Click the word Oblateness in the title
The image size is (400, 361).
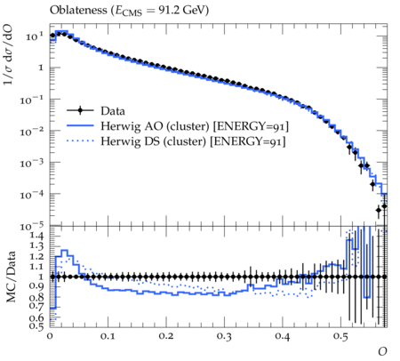pos(78,10)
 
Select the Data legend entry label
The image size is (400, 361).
pos(113,111)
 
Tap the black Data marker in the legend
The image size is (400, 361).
pos(80,111)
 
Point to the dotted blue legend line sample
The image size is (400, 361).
pos(80,141)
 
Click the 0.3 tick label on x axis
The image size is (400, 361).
pos(224,336)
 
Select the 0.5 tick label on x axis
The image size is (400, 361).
pos(340,336)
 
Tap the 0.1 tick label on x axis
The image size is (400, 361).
pos(108,336)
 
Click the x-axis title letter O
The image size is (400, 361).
pos(382,351)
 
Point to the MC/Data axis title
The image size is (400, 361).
pos(11,277)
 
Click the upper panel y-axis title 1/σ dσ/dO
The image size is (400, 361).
pos(8,54)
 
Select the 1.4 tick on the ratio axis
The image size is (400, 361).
pos(36,236)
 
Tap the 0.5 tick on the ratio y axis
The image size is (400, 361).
pos(36,326)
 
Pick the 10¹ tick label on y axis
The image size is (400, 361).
pos(34,37)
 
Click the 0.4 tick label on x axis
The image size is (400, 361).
pos(282,336)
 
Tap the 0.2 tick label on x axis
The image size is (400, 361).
pos(165,336)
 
